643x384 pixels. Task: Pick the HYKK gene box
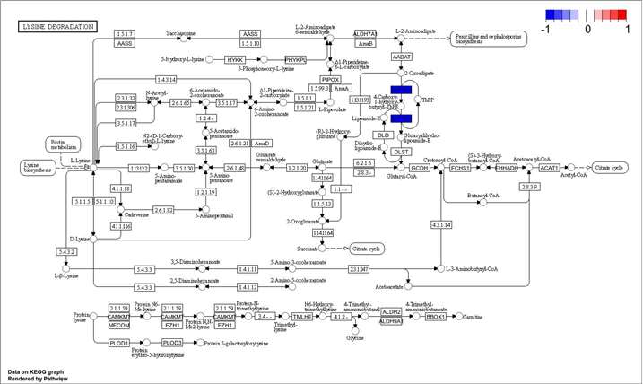(x=237, y=59)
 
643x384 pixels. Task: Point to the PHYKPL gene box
(x=295, y=59)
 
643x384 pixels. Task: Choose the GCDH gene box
(x=420, y=168)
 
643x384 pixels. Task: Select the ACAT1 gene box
(x=550, y=168)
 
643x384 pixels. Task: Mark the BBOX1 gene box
(x=436, y=317)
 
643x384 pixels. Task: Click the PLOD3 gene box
(x=172, y=343)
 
